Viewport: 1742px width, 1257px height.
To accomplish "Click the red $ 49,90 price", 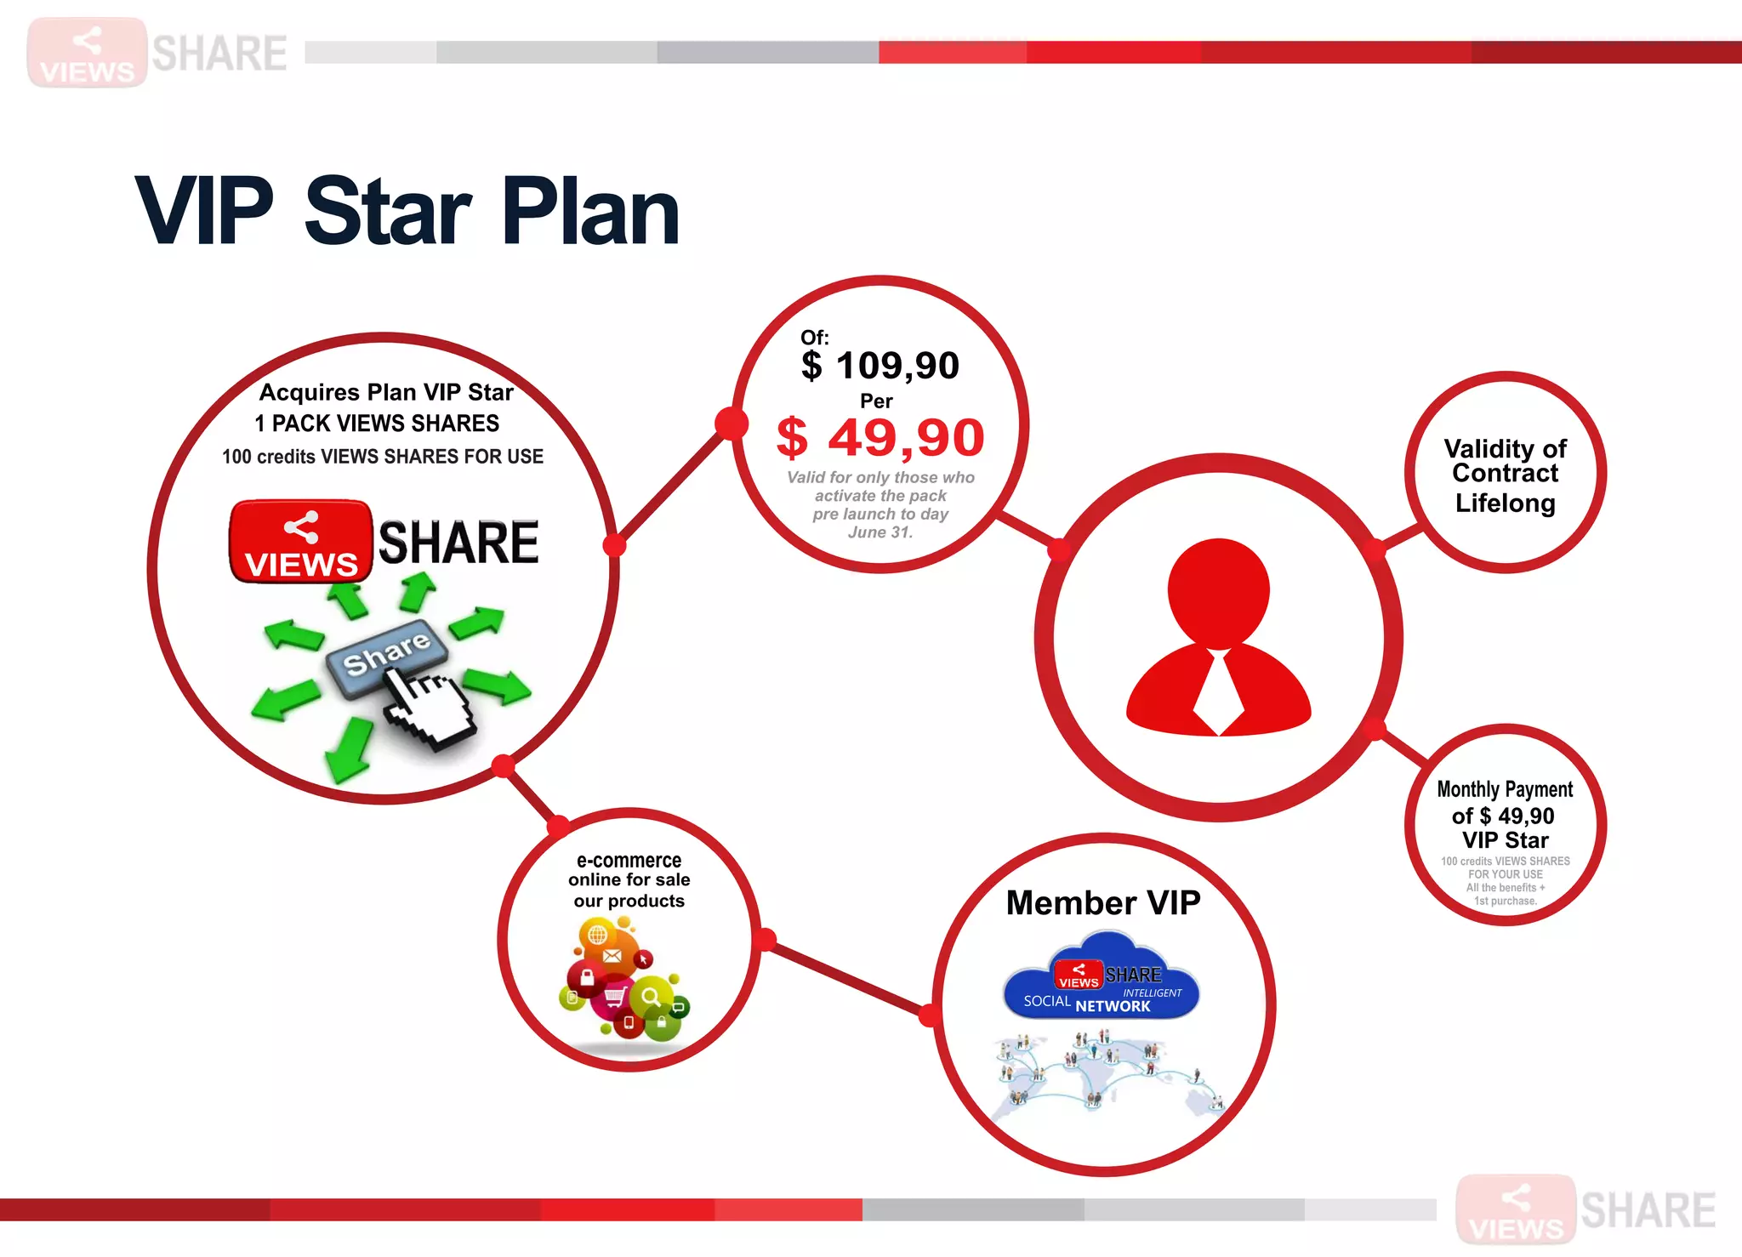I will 880,438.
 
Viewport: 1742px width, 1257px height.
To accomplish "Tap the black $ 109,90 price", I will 880,366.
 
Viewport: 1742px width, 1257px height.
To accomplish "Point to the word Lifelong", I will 1505,503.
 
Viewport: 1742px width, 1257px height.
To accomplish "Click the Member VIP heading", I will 1103,902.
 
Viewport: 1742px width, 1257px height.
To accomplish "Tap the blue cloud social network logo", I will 1102,978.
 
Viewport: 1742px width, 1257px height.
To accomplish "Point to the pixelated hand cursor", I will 430,706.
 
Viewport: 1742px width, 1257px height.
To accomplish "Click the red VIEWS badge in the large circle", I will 301,542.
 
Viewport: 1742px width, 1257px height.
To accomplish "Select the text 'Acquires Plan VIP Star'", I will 386,392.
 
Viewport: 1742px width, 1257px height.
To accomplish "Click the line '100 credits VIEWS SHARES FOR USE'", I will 383,457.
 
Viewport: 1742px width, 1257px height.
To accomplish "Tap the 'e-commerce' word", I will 629,860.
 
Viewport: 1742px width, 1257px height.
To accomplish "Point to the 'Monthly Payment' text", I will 1505,789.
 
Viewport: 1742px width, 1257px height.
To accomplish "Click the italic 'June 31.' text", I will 880,532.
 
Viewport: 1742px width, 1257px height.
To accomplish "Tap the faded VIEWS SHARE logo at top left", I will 157,53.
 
